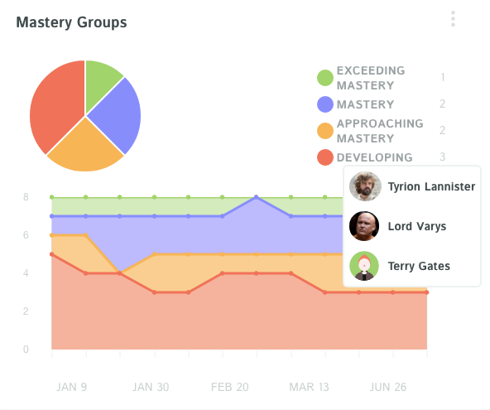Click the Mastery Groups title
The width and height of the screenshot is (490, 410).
pos(71,22)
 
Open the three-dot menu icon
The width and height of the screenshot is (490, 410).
pos(453,19)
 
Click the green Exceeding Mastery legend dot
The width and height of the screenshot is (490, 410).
pos(325,78)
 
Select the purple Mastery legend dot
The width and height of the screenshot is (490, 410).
pos(325,104)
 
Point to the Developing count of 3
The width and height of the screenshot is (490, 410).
pos(443,157)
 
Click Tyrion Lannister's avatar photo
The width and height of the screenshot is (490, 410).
pos(364,186)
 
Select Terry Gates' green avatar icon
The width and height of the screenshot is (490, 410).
pos(364,266)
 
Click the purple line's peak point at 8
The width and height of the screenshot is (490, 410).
pos(257,197)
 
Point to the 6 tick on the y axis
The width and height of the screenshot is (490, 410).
pos(26,235)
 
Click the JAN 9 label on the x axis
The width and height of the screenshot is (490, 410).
pos(73,387)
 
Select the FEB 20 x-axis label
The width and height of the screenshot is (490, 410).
pos(229,387)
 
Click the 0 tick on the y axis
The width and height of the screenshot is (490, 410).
pos(26,350)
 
